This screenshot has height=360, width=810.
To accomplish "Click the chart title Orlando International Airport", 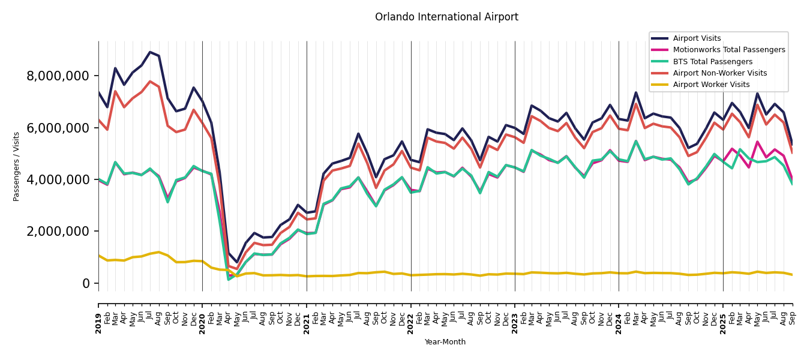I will (x=446, y=17).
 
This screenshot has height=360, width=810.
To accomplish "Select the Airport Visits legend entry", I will (x=697, y=38).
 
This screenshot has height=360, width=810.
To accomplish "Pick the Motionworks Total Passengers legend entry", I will (x=728, y=50).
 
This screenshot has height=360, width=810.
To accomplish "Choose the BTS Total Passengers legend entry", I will (x=712, y=62).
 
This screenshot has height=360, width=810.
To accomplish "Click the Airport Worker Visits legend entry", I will (x=711, y=85).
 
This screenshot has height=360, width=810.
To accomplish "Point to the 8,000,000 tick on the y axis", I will (x=58, y=76).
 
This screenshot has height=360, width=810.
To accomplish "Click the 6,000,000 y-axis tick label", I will (x=58, y=128).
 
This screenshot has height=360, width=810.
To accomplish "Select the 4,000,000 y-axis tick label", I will (x=58, y=179).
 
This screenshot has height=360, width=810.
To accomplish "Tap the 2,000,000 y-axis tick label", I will (x=58, y=232).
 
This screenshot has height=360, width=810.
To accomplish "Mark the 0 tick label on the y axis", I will (x=86, y=283).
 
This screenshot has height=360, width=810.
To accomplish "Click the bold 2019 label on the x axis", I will (x=98, y=315).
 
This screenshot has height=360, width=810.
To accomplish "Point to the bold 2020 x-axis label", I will (x=202, y=315).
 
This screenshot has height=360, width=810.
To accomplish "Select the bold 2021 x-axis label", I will (x=307, y=315).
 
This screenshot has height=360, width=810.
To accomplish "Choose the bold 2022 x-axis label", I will (x=411, y=315).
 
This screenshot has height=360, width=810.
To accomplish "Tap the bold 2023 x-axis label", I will (x=515, y=315).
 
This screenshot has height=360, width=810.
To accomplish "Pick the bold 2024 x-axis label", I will (x=619, y=315).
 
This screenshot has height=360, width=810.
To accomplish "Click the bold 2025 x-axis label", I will (x=723, y=315).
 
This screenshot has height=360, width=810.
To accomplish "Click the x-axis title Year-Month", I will (x=445, y=342).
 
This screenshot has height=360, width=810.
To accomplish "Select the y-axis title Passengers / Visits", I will (x=17, y=166).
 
